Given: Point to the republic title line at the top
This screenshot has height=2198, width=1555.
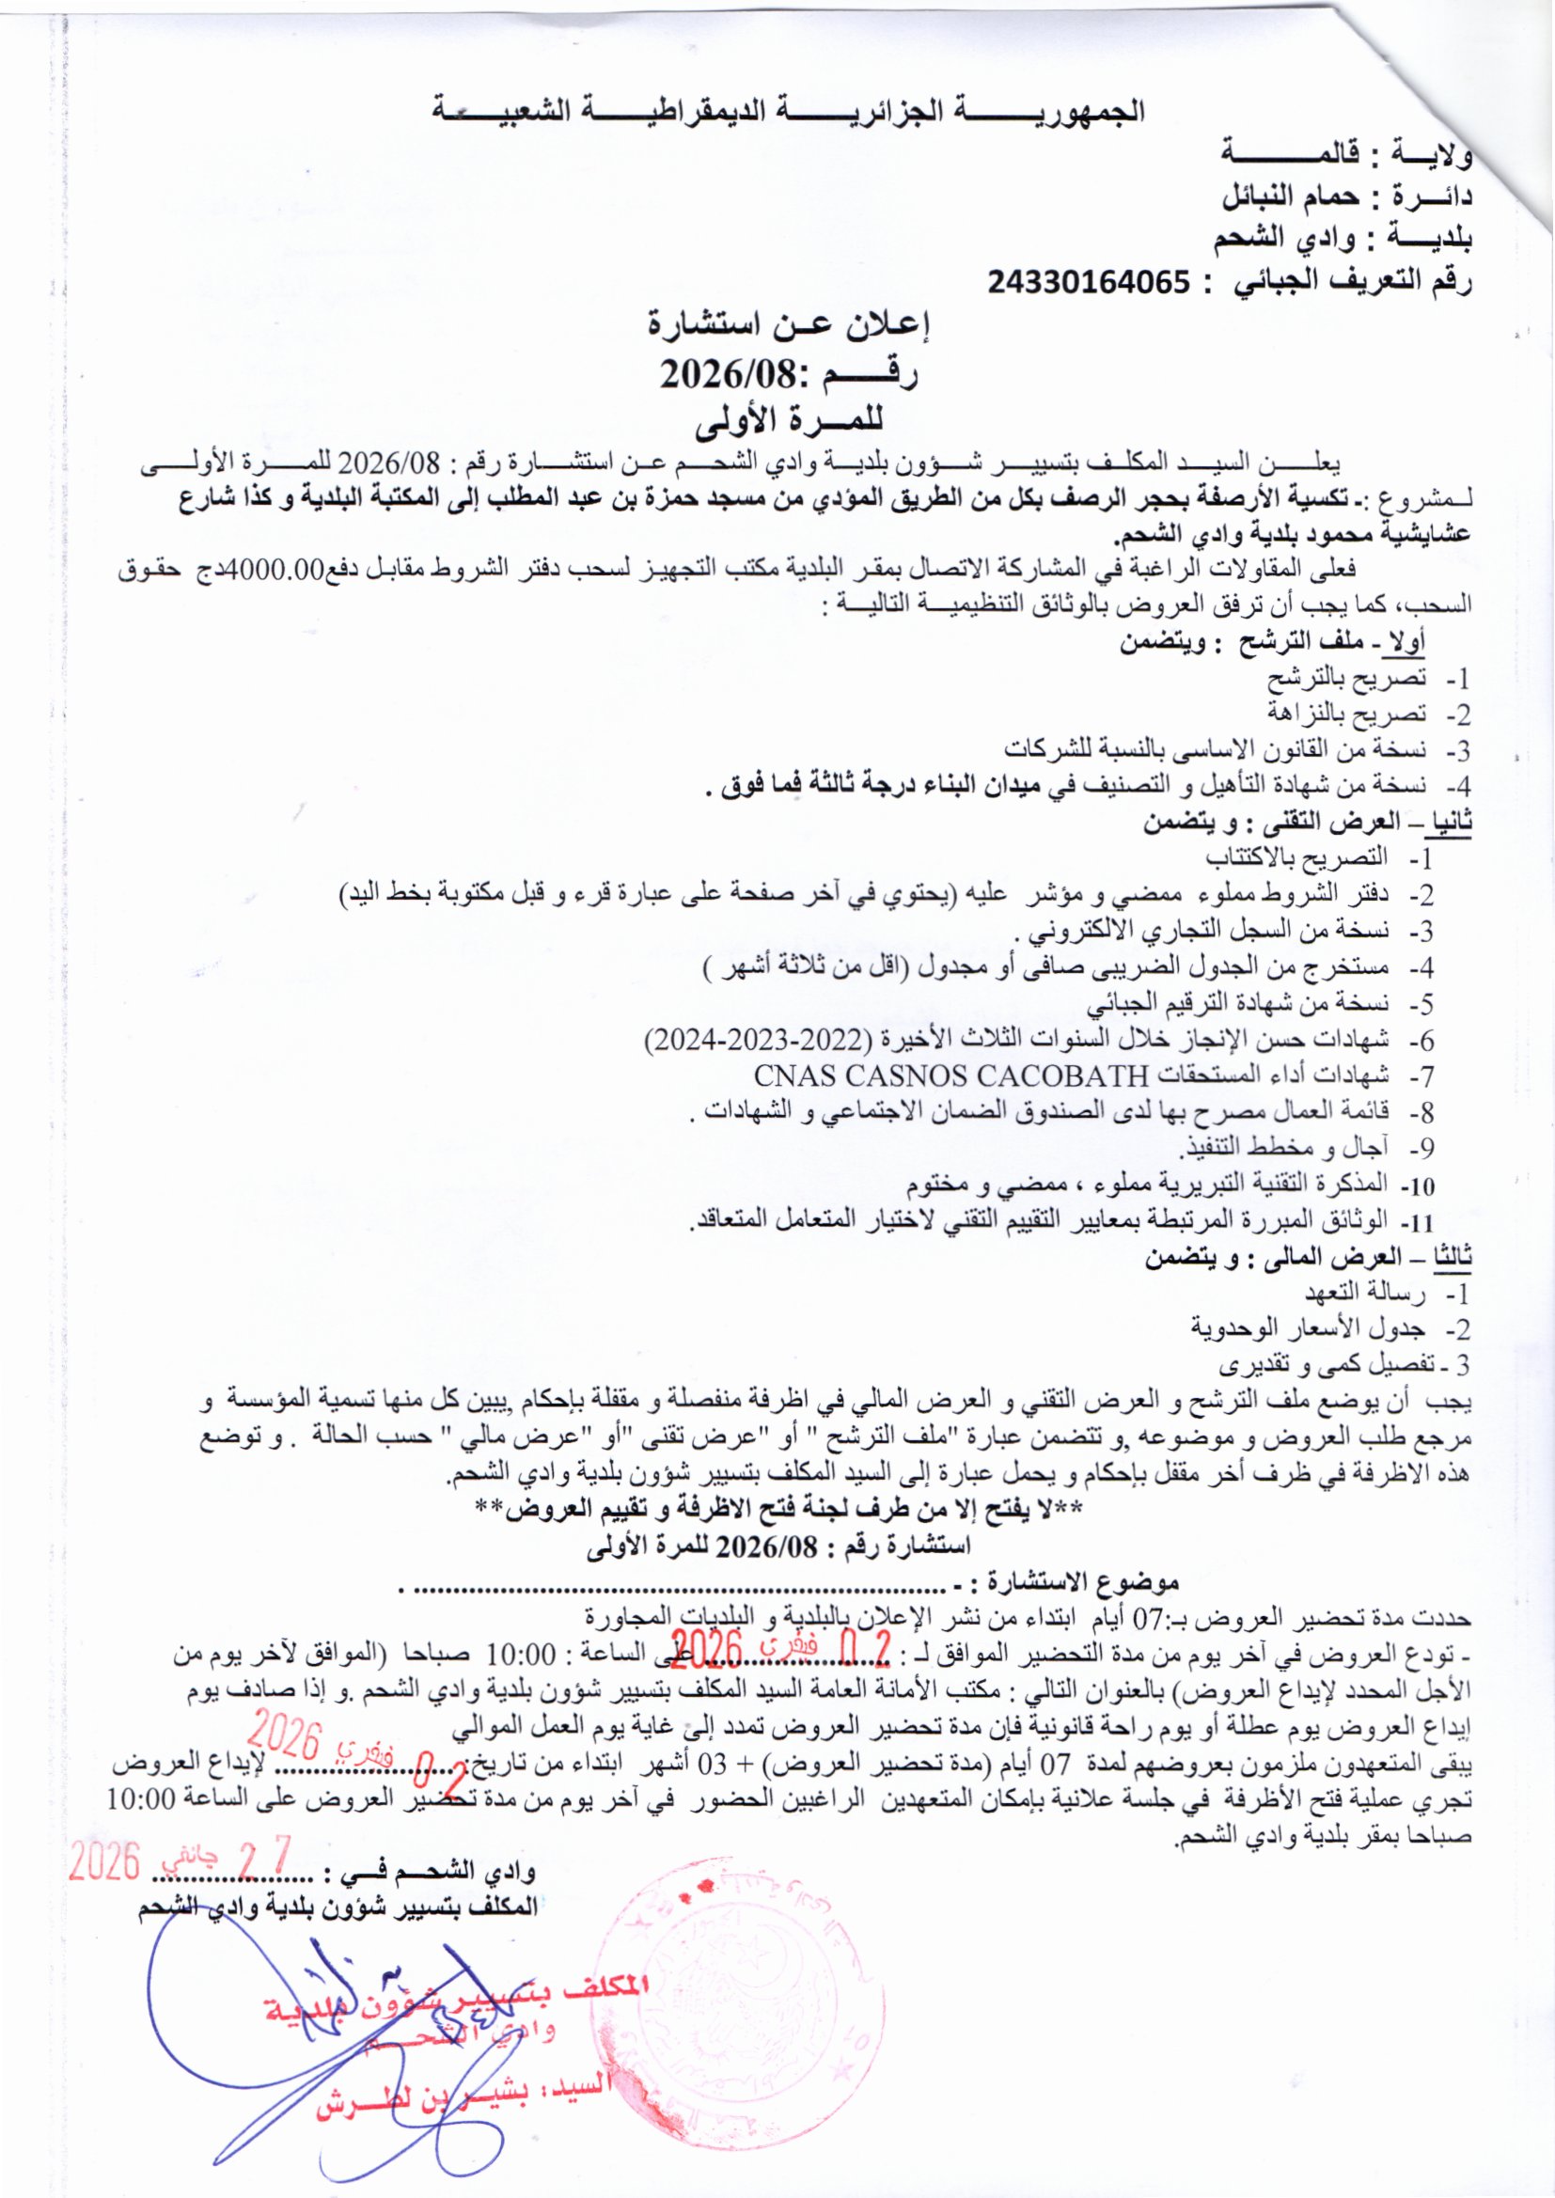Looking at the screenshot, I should pos(789,111).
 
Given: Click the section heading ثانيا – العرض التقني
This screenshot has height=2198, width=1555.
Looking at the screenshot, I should pos(1306,823).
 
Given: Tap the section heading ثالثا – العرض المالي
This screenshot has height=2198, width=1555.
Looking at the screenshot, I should pos(1307,1258).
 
